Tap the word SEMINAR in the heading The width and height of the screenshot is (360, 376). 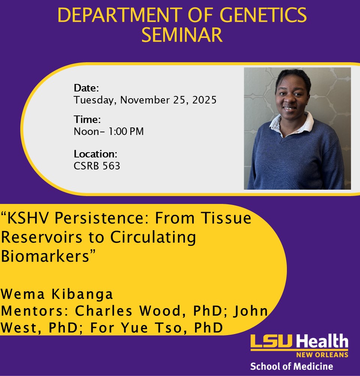click(182, 35)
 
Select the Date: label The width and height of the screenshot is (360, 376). click(86, 88)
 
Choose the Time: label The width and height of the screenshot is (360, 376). click(87, 120)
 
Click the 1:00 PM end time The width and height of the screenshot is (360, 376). click(129, 132)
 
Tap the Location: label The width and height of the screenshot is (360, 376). click(96, 154)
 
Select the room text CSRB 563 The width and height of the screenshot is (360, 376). click(97, 166)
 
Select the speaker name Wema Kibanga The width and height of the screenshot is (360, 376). click(57, 294)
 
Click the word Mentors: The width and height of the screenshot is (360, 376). click(36, 311)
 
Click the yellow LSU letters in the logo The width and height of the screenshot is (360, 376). click(272, 342)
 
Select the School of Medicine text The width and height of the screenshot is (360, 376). click(291, 366)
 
